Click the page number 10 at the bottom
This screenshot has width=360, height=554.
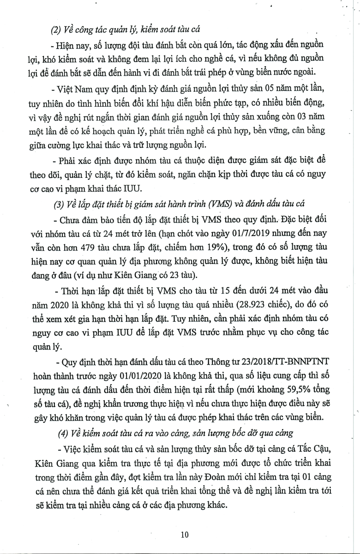185,535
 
